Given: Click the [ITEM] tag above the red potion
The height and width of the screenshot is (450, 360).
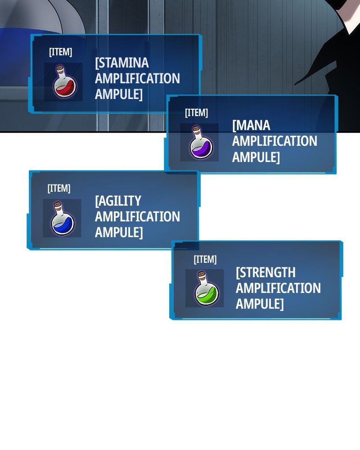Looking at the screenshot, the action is pos(61,52).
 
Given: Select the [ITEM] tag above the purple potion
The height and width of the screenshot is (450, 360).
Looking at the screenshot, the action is pos(196,113).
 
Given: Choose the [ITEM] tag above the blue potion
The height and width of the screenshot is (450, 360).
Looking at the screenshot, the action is pos(59,189).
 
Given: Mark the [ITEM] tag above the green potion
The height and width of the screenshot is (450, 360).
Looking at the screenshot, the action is pos(205,260).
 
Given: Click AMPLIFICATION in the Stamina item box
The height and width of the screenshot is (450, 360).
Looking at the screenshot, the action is pos(138,78).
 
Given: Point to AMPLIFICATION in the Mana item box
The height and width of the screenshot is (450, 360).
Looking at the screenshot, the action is pos(275,141).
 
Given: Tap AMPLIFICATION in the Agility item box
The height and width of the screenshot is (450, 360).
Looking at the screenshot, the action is pos(138,216).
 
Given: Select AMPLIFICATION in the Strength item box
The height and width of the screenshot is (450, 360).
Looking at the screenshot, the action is pos(278,288).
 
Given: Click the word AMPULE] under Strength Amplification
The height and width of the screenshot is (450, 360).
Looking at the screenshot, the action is pos(260,304).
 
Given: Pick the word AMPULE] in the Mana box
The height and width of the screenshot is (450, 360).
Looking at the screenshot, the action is pos(256,157).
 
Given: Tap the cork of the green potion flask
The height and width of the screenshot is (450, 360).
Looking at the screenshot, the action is pos(202,274).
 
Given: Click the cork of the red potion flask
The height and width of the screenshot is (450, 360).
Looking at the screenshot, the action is pos(60,69).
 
